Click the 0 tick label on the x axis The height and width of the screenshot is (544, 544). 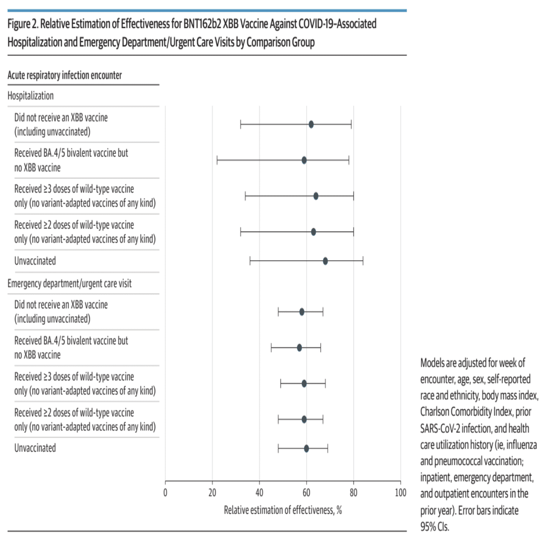click(165, 492)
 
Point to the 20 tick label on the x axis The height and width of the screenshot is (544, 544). click(212, 492)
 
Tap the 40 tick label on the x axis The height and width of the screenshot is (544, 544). click(259, 492)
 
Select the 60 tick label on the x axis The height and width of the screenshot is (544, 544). click(306, 492)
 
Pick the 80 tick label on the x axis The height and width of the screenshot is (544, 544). click(354, 492)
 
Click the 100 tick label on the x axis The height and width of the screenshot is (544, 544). click(401, 492)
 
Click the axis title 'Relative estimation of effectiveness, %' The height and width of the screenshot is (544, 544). click(283, 510)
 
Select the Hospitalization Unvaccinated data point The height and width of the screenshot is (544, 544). click(325, 261)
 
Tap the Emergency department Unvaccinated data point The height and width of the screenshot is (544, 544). click(307, 448)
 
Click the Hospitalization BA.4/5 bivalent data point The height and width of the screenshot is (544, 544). click(304, 160)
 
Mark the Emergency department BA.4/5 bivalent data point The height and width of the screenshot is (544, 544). click(299, 347)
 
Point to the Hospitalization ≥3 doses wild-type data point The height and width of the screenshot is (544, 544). click(316, 196)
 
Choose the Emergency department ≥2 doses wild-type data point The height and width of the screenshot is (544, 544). click(304, 419)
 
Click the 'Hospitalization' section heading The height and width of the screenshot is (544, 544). click(31, 95)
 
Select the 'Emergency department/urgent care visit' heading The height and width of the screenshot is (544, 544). click(69, 283)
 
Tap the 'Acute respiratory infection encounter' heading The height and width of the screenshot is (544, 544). click(65, 75)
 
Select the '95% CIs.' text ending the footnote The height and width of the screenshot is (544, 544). click(434, 527)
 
